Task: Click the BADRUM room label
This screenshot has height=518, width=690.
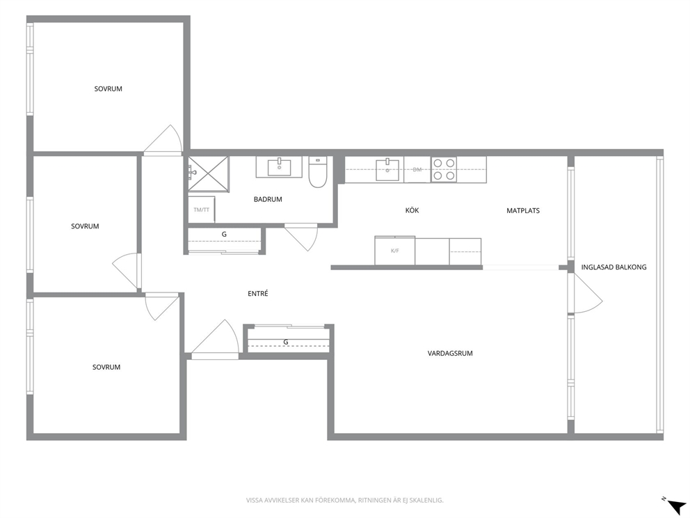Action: point(268,199)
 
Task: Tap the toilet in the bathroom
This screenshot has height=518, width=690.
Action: point(317,172)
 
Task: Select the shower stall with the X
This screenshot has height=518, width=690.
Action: point(209,174)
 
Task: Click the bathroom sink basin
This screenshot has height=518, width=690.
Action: point(279,167)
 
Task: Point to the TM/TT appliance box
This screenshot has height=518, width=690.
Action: point(202,210)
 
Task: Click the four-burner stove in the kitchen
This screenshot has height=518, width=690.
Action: point(444,170)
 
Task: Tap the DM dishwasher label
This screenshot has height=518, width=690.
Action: point(417,170)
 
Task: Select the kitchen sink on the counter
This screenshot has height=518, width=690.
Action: point(387,170)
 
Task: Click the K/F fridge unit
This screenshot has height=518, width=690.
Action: point(394,251)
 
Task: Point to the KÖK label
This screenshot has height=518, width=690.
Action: point(412,210)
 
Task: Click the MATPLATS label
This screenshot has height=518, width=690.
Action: point(523,210)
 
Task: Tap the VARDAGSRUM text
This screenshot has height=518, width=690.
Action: point(450,353)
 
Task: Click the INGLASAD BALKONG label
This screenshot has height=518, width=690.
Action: point(613,267)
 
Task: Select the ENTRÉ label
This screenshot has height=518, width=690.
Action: point(258,293)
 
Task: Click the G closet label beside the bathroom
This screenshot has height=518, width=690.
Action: point(224,235)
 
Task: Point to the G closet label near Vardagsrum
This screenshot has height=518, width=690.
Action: point(286,342)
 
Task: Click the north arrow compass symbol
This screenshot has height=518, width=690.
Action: point(676,505)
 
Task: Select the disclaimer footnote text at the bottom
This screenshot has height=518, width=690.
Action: point(344,500)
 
